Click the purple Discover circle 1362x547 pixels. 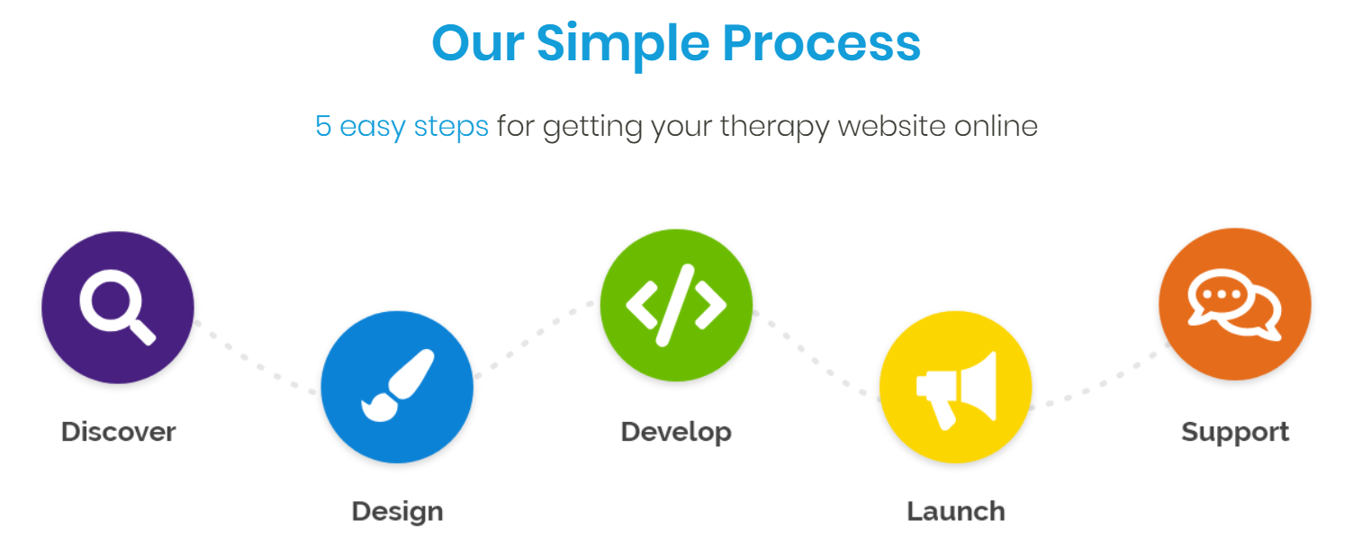coord(118,308)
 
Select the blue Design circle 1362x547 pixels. coord(397,387)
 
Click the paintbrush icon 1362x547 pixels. coord(398,385)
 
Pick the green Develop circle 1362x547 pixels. coord(676,305)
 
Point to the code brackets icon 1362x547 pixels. coord(676,305)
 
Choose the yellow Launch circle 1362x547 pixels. coord(956,387)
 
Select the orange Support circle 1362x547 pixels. coord(1235,304)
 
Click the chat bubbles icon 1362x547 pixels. coord(1235,304)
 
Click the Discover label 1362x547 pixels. coord(119,432)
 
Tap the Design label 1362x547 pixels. coord(398,512)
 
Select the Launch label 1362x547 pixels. coord(956,512)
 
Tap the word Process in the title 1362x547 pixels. coord(822,44)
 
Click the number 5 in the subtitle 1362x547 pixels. coord(323,127)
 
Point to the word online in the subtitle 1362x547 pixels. coord(996,126)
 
